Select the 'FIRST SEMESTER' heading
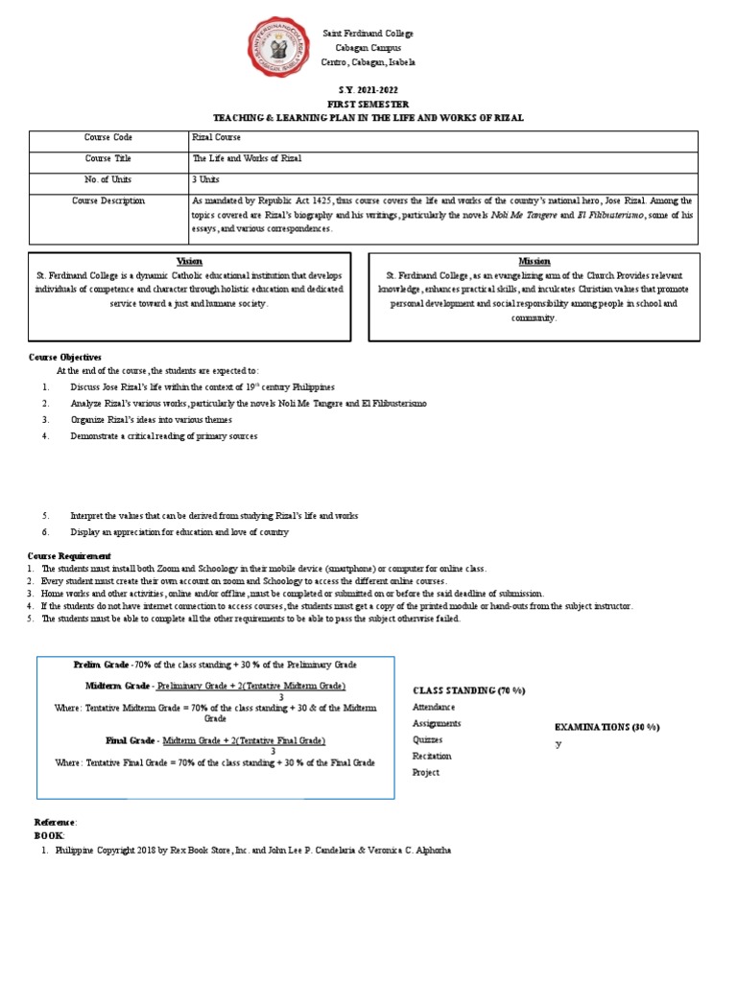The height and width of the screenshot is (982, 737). coord(368,104)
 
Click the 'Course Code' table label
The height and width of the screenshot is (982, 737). coord(108,139)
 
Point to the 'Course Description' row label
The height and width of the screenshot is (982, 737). coord(108,201)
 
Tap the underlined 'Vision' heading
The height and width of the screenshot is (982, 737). coord(190,261)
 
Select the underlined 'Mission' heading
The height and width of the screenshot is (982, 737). coord(535,261)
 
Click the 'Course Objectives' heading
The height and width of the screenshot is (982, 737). coord(65,357)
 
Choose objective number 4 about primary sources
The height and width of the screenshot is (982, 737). coord(163,436)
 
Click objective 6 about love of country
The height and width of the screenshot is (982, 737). coord(178,532)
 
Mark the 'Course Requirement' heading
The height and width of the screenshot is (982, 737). coord(69,555)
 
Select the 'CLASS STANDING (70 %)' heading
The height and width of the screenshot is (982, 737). coord(469,690)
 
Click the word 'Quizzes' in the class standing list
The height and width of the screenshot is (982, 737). coord(428,739)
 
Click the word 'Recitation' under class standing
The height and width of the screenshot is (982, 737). coord(432,756)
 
